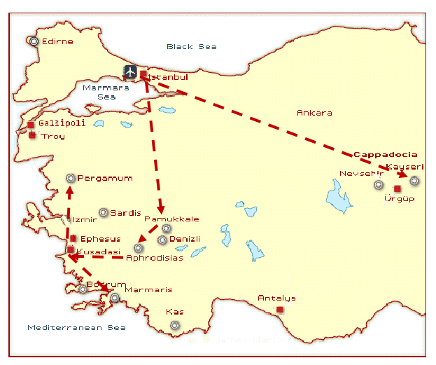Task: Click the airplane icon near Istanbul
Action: [130, 71]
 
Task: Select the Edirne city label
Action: [57, 41]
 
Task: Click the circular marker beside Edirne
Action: [34, 41]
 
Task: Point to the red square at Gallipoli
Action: [31, 125]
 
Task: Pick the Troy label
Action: [53, 136]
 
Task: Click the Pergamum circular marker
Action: [70, 178]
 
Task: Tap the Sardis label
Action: [126, 213]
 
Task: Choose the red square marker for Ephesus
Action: [73, 239]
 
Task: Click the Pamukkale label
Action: [171, 219]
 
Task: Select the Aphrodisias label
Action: [155, 258]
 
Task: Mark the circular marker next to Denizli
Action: [162, 240]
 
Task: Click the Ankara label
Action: [314, 113]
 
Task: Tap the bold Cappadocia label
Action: [385, 154]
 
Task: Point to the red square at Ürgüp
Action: [398, 188]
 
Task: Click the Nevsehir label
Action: [362, 173]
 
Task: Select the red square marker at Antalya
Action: [280, 309]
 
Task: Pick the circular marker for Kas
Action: [174, 324]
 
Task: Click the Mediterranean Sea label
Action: [76, 327]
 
